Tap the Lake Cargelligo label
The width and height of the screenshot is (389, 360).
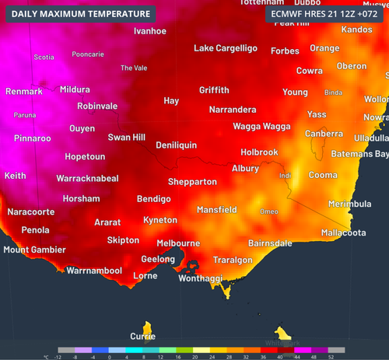225,48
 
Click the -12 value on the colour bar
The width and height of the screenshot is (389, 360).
59,356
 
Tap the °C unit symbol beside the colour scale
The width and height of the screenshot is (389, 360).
46,356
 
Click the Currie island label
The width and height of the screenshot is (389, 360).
142,337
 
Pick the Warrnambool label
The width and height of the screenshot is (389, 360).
94,271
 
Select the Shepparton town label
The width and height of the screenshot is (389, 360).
192,182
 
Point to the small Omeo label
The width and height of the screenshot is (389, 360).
269,211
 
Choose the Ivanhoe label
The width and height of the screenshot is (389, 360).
150,31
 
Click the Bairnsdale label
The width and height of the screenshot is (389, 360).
270,243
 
